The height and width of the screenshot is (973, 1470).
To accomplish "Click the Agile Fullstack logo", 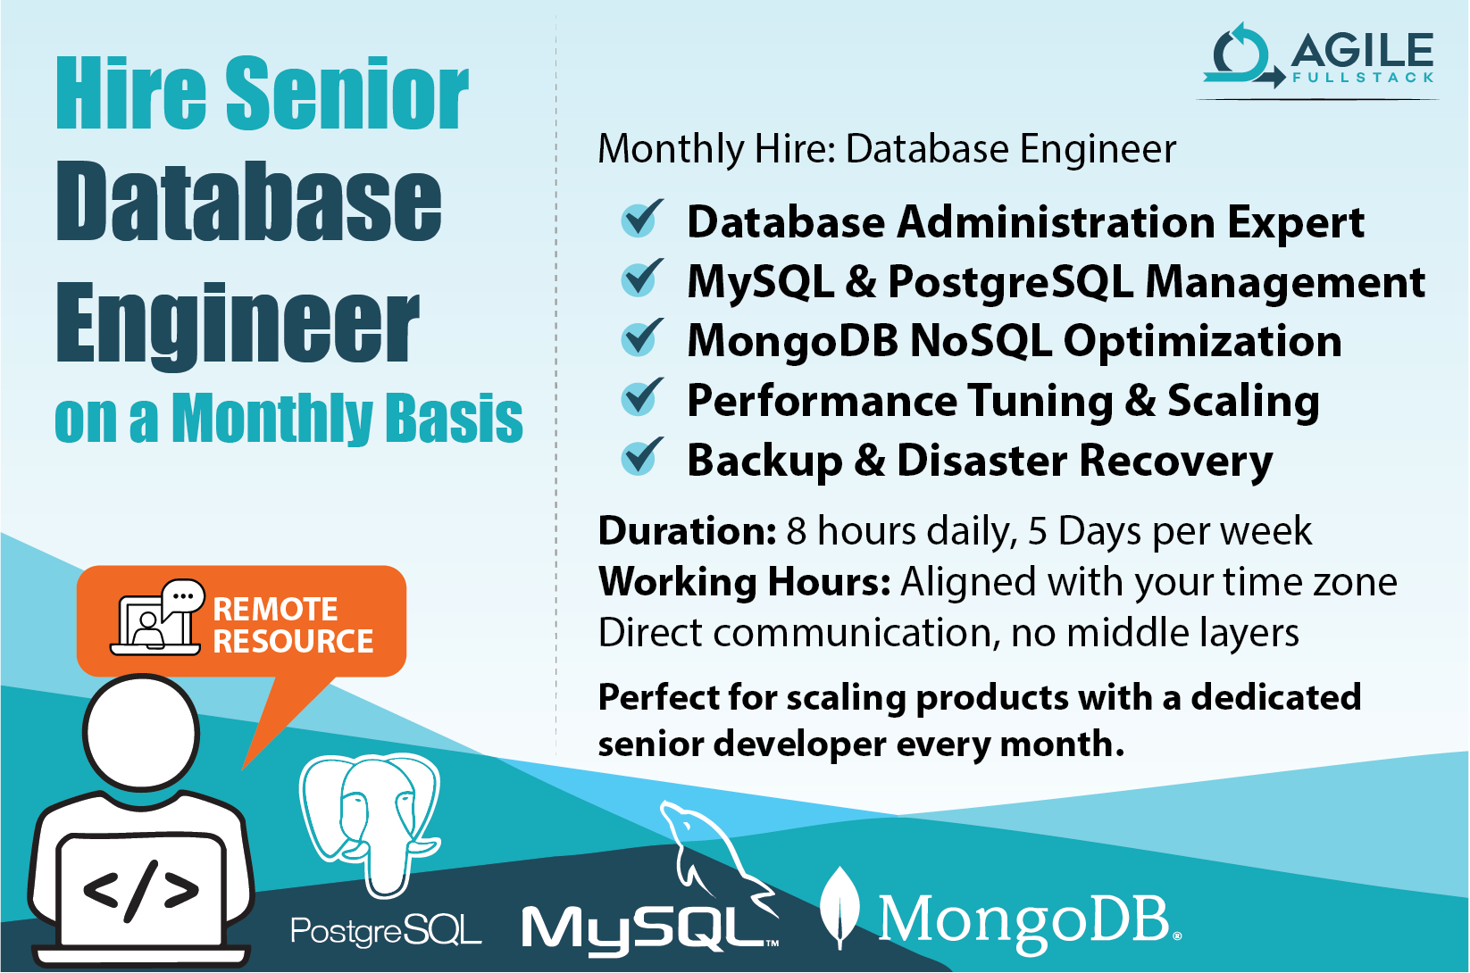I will click(x=1317, y=58).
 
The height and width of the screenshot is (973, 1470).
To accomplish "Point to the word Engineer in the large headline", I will click(x=237, y=323).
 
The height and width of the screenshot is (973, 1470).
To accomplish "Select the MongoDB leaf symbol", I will click(x=839, y=906).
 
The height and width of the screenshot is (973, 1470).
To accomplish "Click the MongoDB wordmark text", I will click(x=1027, y=919).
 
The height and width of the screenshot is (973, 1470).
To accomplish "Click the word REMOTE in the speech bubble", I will click(x=275, y=609).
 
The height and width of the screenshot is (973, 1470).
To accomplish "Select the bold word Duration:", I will click(x=687, y=531).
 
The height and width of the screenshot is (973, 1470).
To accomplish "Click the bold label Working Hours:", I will click(x=744, y=582).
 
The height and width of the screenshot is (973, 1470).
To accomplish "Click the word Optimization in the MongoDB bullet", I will click(x=1202, y=341).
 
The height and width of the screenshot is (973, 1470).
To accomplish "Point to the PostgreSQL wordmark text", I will click(x=386, y=931).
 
